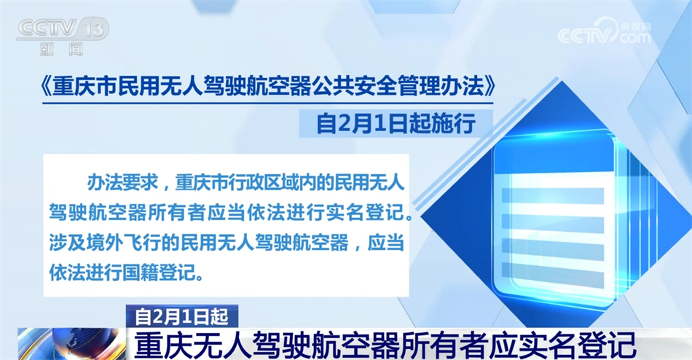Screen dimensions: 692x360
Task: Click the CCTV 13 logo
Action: [x=63, y=29]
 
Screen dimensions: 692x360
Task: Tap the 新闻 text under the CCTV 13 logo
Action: [x=61, y=49]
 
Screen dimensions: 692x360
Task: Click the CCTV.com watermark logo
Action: [x=604, y=33]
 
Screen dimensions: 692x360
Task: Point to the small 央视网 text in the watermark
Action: [x=636, y=26]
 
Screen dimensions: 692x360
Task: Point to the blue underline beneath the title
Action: [x=268, y=103]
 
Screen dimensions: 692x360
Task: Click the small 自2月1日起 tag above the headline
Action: [x=182, y=316]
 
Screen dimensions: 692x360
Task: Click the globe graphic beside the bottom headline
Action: [x=72, y=344]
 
